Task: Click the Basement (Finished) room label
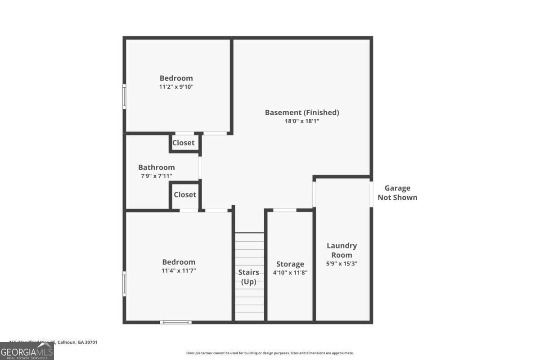pyautogui.click(x=301, y=112)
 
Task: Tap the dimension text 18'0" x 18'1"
pyautogui.click(x=301, y=121)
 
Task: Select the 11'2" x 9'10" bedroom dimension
pyautogui.click(x=176, y=87)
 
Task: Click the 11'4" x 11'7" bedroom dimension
pyautogui.click(x=179, y=270)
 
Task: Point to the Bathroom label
pyautogui.click(x=156, y=167)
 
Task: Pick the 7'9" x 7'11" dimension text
pyautogui.click(x=156, y=176)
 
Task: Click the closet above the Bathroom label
pyautogui.click(x=184, y=143)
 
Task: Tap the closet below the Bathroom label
pyautogui.click(x=185, y=194)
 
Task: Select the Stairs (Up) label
pyautogui.click(x=249, y=277)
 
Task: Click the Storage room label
pyautogui.click(x=290, y=264)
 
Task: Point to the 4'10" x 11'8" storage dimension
pyautogui.click(x=290, y=272)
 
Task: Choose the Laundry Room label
pyautogui.click(x=342, y=250)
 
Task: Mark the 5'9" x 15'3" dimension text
pyautogui.click(x=342, y=263)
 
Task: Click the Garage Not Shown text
pyautogui.click(x=397, y=193)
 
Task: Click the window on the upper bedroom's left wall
pyautogui.click(x=125, y=96)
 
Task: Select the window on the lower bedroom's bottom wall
pyautogui.click(x=176, y=322)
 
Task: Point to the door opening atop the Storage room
pyautogui.click(x=285, y=210)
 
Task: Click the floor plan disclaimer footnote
pyautogui.click(x=270, y=353)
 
